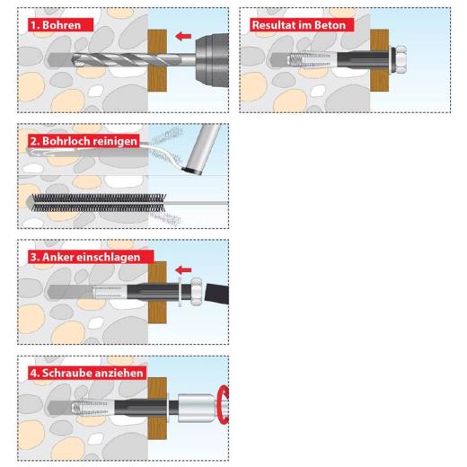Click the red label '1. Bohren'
(x=55, y=25)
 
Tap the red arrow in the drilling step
(x=185, y=37)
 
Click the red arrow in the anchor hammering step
(x=183, y=269)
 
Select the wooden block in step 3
(x=158, y=292)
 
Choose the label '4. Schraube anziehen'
(x=86, y=373)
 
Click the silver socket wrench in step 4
(x=197, y=410)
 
